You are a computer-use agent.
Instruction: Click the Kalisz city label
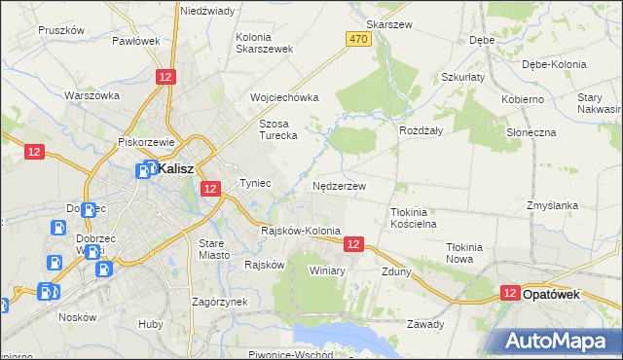coord(176,168)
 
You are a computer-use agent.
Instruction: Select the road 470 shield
coord(357,38)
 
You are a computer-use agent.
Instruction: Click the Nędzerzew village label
coord(339,185)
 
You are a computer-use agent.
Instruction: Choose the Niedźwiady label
coord(207,11)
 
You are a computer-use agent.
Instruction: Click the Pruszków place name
coord(62,30)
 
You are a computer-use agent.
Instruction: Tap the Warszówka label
coord(92,95)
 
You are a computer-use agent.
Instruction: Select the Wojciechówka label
coord(284,98)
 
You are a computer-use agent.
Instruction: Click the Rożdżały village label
coord(421,129)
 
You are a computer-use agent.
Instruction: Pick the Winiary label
coord(327,270)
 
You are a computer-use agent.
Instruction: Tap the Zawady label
coord(425,324)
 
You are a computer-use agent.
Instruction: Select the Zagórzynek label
coord(220,302)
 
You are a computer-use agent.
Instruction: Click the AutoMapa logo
coord(559,340)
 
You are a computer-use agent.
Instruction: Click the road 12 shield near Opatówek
coord(510,293)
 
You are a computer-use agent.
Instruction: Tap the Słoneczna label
coord(531,131)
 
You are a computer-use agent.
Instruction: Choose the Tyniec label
coord(255,183)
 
